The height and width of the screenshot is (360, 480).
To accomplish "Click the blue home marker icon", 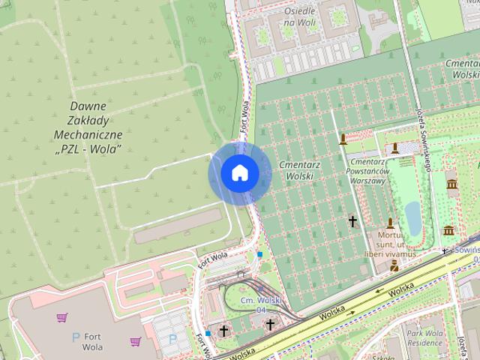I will (x=239, y=173).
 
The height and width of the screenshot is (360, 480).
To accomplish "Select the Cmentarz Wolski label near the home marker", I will (x=295, y=169).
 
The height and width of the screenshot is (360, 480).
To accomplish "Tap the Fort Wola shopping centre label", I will (x=93, y=342).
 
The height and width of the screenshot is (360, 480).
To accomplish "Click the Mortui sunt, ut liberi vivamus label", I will (x=391, y=245).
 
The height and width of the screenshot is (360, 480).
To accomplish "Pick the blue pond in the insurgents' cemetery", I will (x=412, y=217).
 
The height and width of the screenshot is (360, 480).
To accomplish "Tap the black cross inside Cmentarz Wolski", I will (x=352, y=221).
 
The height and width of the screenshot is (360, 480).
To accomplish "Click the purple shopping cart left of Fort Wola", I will (x=61, y=317).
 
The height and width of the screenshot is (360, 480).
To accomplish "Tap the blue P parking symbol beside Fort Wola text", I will (x=75, y=337).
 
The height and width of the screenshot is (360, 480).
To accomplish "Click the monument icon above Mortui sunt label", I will (x=390, y=223).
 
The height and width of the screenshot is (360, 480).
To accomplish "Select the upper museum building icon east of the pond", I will (x=451, y=184).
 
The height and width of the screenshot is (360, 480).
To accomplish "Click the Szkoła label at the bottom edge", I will (x=397, y=355).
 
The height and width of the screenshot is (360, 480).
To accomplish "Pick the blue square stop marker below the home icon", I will (x=259, y=255).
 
